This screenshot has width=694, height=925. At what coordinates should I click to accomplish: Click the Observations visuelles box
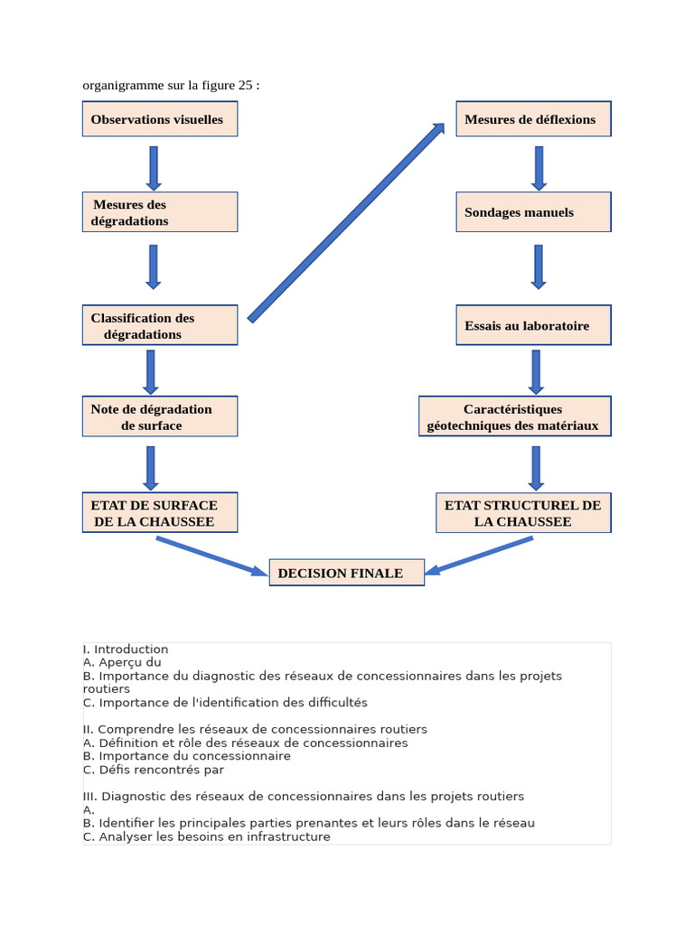pos(160,119)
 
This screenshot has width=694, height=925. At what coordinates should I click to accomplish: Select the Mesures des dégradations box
pos(160,212)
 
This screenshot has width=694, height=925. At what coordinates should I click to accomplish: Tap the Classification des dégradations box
pos(160,325)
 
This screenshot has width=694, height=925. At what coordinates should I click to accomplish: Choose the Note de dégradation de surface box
pos(160,416)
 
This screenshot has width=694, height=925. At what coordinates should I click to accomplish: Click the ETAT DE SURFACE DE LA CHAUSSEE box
pos(160,512)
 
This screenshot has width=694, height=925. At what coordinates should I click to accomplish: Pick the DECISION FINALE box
pos(347,573)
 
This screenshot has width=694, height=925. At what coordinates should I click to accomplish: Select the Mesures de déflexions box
pos(533,119)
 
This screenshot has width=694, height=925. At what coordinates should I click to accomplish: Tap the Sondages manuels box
pos(533,212)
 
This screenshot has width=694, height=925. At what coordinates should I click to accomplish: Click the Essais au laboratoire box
pos(533,325)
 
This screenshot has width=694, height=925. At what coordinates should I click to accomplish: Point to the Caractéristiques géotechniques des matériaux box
pos(515,416)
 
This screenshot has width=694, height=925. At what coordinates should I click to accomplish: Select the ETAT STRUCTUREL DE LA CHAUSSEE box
pos(523,512)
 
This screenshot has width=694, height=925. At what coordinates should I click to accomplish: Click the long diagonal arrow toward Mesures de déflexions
pos(346,222)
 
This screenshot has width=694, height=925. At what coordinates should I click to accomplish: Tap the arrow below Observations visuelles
pos(154,167)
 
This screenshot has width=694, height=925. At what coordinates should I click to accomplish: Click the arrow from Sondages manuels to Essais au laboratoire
pos(539,266)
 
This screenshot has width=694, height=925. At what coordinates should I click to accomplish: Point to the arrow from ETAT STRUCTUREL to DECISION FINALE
pos(479,556)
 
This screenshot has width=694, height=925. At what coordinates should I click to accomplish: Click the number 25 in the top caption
pos(246,86)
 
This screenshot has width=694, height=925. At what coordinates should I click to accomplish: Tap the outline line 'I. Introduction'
pos(126,649)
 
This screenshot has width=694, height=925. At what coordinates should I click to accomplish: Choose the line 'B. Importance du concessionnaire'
pos(186,756)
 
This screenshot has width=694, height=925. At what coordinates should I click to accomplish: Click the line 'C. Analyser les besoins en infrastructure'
pos(206,836)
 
